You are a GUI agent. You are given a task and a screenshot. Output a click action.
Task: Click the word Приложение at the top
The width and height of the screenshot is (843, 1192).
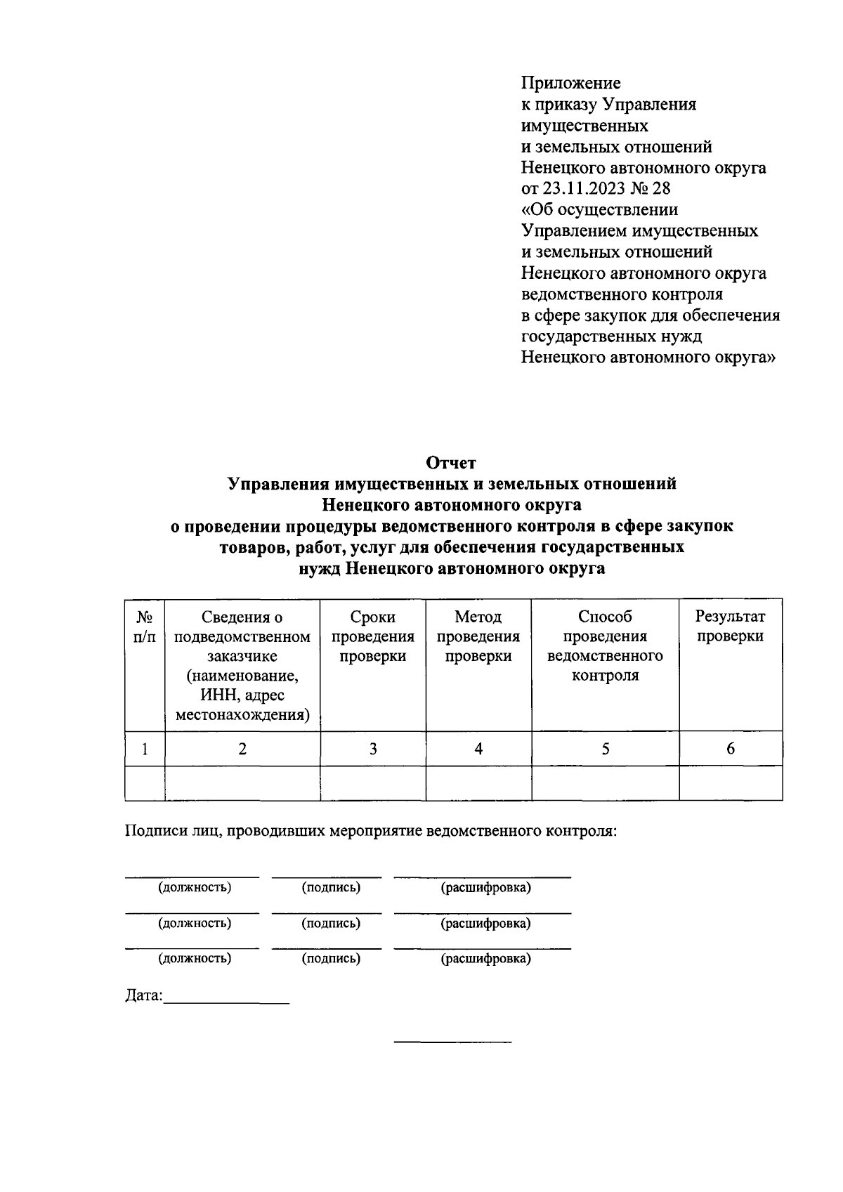click(x=570, y=84)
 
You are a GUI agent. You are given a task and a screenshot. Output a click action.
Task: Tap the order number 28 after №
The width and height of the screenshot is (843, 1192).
click(x=661, y=189)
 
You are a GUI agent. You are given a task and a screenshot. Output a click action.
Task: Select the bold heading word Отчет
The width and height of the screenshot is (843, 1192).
click(x=451, y=463)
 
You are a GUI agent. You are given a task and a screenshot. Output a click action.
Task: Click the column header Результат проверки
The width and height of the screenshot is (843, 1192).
click(x=730, y=626)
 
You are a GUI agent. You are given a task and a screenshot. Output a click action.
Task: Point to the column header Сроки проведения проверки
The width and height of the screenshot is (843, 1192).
click(x=372, y=636)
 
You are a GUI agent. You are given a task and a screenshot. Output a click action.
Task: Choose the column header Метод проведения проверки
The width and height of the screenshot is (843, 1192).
click(x=478, y=636)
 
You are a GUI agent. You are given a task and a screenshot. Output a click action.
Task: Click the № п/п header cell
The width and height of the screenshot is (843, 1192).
click(x=145, y=626)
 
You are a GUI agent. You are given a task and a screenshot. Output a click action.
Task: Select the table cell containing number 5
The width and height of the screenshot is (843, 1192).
click(x=605, y=749)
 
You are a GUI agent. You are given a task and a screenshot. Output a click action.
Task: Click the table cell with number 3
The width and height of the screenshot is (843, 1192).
click(x=372, y=749)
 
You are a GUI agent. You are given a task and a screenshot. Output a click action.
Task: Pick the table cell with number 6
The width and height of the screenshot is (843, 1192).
click(x=730, y=749)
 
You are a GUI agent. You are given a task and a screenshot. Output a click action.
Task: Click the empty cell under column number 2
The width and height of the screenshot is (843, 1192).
click(x=242, y=783)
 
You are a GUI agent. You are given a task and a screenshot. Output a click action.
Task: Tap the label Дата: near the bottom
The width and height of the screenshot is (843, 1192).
click(x=144, y=996)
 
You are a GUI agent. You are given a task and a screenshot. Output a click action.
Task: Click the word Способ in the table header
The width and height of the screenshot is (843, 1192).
click(x=605, y=617)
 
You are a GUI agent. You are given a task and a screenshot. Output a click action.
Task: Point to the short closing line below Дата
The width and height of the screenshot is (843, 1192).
click(x=452, y=1040)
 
